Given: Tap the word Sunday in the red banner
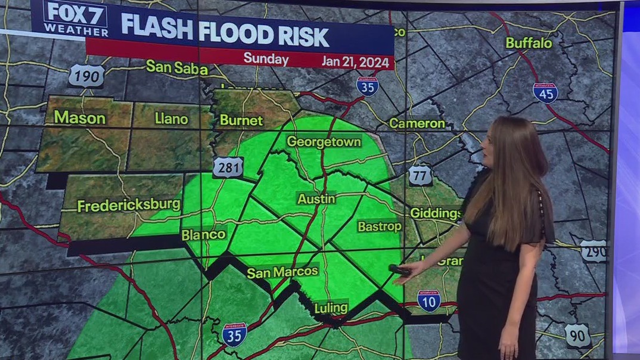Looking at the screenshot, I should click(x=266, y=59).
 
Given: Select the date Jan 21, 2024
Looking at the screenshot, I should click(x=355, y=61).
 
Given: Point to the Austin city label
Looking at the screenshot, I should click(x=316, y=198).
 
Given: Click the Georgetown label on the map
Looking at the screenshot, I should click(x=324, y=142).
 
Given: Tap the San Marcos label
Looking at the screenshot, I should click(x=282, y=272).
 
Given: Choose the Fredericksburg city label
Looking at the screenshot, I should click(x=129, y=206).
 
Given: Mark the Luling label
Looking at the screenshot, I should click(x=331, y=308).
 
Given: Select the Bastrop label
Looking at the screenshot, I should click(x=379, y=226).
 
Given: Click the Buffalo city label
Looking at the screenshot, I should click(x=529, y=43).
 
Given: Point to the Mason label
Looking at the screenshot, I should click(x=80, y=118).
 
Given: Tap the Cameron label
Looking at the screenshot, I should click(x=417, y=123).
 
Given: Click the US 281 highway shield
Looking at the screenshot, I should click(x=228, y=167).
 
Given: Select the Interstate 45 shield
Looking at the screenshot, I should click(x=545, y=93).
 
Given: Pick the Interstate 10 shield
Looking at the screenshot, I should click(x=428, y=301).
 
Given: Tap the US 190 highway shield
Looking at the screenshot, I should click(x=86, y=76).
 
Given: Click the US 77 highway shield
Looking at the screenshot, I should click(x=420, y=175).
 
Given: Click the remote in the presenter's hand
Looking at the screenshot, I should click(x=399, y=270).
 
